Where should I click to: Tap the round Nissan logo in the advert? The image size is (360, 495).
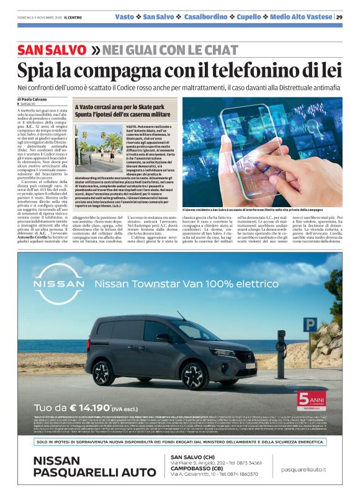(x=57, y=285)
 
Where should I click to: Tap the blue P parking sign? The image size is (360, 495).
(x=310, y=324)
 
